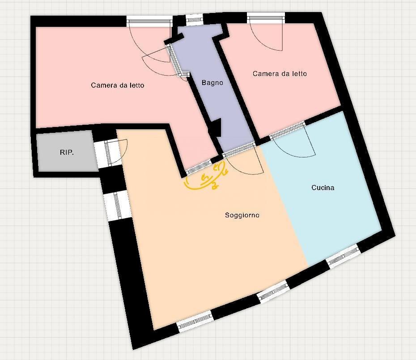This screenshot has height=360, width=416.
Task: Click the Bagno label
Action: [x=212, y=83]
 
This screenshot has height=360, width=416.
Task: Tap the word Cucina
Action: [x=323, y=188]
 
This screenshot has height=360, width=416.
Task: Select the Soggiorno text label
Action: [x=242, y=216]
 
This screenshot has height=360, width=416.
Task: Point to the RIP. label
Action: [x=67, y=152]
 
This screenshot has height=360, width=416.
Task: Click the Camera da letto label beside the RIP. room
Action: [x=117, y=85]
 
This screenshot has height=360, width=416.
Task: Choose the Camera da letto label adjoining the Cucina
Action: [x=280, y=74]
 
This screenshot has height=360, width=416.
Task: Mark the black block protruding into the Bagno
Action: [x=216, y=127]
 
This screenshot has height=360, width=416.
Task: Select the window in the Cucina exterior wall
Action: [x=343, y=257]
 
